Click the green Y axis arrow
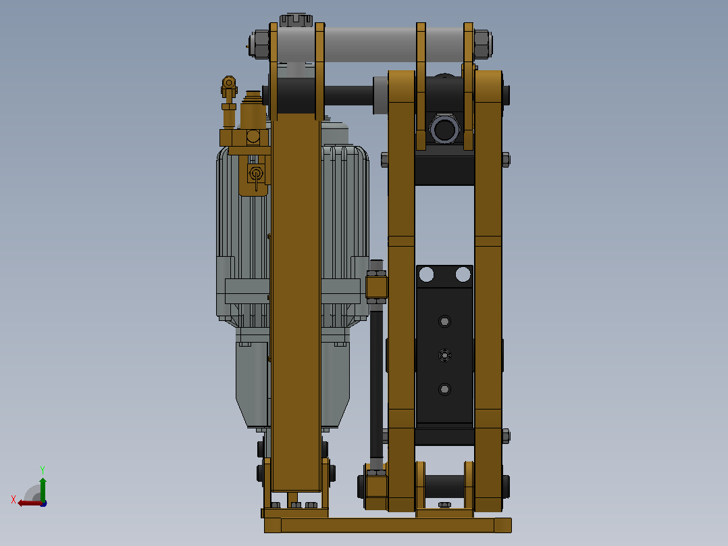point(43,488)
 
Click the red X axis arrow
point(29,503)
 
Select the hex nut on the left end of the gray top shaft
point(259,44)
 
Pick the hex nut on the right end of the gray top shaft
point(483,44)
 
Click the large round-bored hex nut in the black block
point(444,129)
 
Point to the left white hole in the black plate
point(426,274)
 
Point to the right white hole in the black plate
point(463,274)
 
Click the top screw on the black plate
point(444,321)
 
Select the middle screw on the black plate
point(444,355)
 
